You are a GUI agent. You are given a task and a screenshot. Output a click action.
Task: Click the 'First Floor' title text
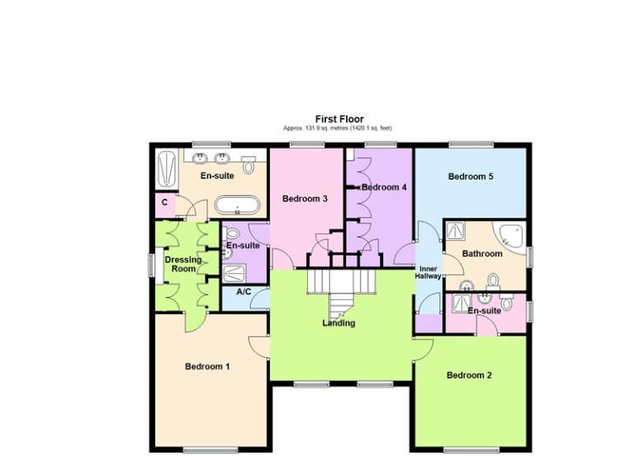(x=338, y=120)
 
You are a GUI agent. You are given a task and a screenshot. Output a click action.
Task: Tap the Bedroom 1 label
(x=207, y=367)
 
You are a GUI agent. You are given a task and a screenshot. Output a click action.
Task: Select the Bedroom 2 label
(x=469, y=375)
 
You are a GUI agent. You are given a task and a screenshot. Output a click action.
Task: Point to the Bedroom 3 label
(x=305, y=199)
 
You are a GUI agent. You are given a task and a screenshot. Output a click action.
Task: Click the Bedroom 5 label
(x=471, y=176)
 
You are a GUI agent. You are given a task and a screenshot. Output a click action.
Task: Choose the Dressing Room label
(x=182, y=264)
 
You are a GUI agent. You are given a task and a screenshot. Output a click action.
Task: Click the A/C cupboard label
(x=244, y=292)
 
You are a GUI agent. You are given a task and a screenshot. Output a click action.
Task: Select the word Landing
(x=338, y=323)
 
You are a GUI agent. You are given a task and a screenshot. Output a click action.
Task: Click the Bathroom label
(x=482, y=254)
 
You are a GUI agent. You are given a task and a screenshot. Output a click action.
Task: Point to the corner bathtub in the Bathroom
(x=509, y=236)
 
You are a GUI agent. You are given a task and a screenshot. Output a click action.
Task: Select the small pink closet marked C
(x=165, y=203)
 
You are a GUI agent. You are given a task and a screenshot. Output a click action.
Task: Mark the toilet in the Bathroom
(x=493, y=281)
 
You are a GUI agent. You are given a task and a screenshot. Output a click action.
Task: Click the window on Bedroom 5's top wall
(x=471, y=145)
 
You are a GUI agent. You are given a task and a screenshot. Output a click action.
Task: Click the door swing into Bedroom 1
(x=258, y=347)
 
